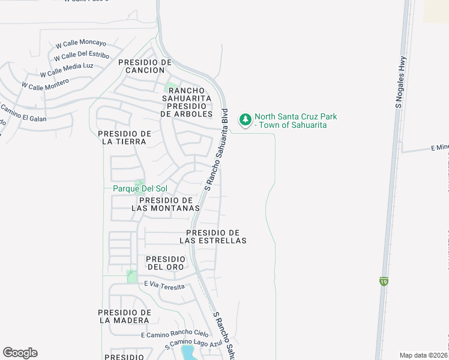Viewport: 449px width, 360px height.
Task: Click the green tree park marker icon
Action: point(245,120)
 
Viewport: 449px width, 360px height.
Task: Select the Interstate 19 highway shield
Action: point(383,280)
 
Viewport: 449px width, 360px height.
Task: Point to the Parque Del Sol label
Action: point(140,188)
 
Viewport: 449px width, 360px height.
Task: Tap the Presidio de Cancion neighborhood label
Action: point(145,66)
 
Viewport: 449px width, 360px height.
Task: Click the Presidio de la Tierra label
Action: point(124,137)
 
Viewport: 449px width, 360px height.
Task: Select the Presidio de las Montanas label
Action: point(165,204)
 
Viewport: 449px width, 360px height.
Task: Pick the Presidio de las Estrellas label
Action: point(213,236)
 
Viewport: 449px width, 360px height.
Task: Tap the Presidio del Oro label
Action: point(166,263)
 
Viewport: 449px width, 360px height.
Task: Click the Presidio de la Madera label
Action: point(125,316)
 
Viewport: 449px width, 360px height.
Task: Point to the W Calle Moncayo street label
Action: point(80,44)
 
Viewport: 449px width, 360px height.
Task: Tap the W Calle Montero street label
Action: point(46,85)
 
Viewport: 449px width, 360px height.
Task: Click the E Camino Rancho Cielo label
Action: point(175,334)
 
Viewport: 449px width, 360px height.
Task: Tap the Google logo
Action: point(20,353)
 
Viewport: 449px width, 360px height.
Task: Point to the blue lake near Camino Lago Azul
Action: point(188,352)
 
